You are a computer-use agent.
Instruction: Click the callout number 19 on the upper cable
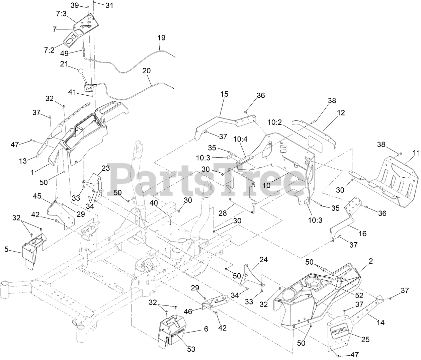coord(161,38)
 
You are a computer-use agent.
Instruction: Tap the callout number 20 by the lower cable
coord(147,71)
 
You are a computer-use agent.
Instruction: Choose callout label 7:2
coord(49,50)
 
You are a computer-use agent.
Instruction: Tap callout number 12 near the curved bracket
coord(341,113)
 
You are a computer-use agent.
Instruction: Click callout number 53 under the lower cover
coord(191,349)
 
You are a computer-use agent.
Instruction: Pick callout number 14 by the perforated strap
coord(381,323)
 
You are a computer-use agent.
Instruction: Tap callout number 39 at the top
coord(75,5)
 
